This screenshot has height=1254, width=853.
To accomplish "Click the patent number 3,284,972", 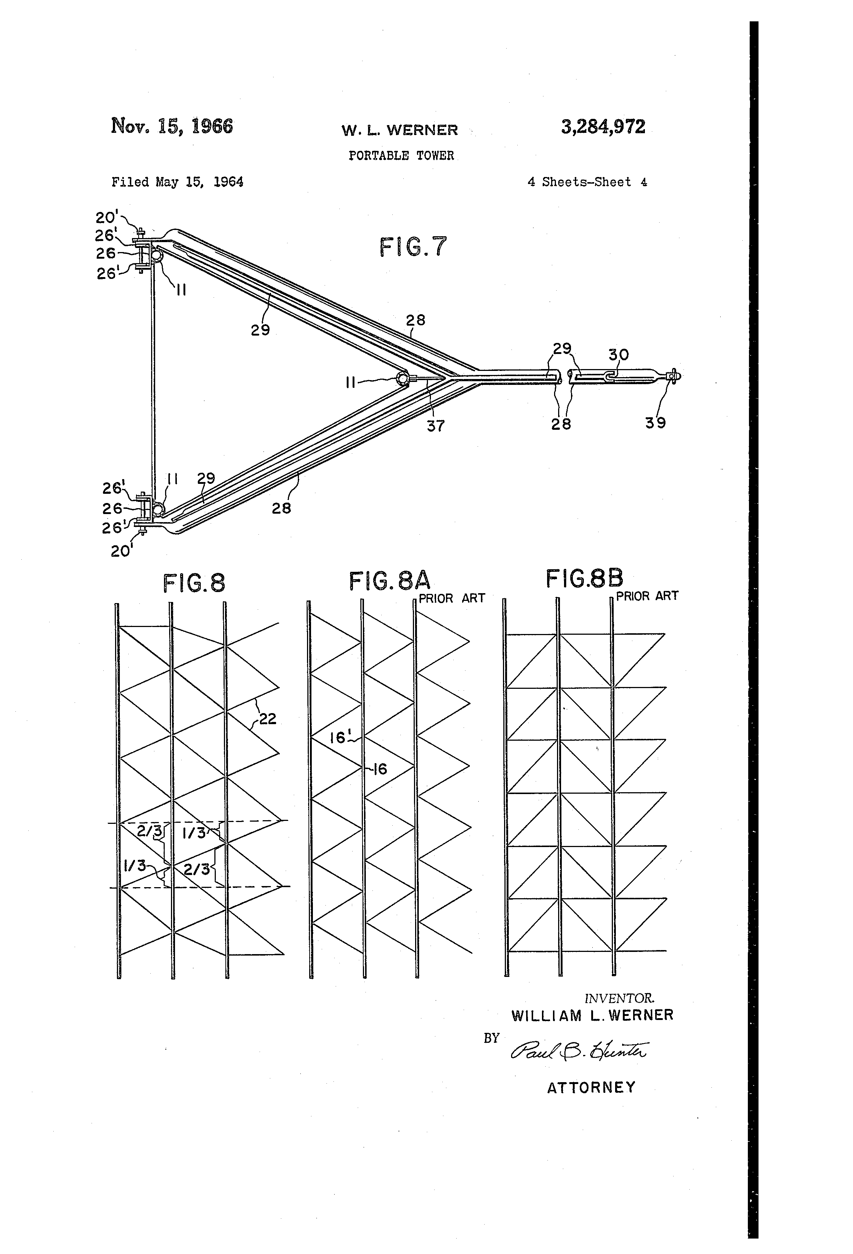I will point(603,127).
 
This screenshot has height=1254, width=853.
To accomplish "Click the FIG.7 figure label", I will point(413,247).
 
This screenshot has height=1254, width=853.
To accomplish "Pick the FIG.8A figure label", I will point(389,581).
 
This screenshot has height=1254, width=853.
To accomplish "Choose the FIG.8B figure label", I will point(584,578).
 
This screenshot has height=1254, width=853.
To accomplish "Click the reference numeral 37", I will point(436,426).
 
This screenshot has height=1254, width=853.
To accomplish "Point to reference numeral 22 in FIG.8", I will point(267,718).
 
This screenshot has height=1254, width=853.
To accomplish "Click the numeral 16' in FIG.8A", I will point(339,737).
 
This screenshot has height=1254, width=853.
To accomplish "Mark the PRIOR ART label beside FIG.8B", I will point(647,596).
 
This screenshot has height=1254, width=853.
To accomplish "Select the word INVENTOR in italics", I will point(619,998).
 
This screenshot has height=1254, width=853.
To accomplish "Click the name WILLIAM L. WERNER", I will point(592,1016).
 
